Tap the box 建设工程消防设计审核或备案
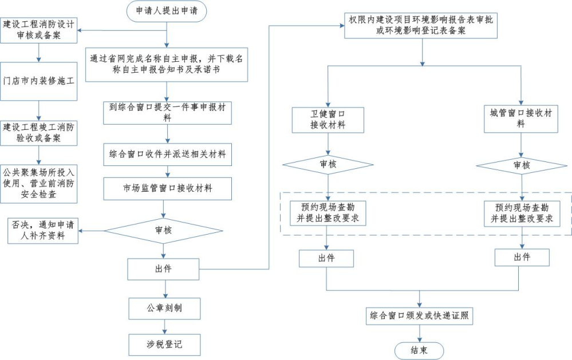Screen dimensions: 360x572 [x=40, y=30]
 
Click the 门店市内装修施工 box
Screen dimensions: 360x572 [x=39, y=81]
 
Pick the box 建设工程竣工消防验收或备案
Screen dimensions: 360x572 [x=39, y=132]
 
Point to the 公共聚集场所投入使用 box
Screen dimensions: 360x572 [x=39, y=184]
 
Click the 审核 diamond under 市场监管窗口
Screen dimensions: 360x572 [x=163, y=231]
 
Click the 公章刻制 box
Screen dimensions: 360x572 [x=164, y=308]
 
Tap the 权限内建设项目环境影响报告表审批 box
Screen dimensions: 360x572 [x=422, y=25]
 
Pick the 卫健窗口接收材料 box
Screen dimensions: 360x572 [x=328, y=119]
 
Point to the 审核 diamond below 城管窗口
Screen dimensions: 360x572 [x=521, y=165]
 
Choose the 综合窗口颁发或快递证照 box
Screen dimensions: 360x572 [x=420, y=315]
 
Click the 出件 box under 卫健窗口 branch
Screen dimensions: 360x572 [x=326, y=258]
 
